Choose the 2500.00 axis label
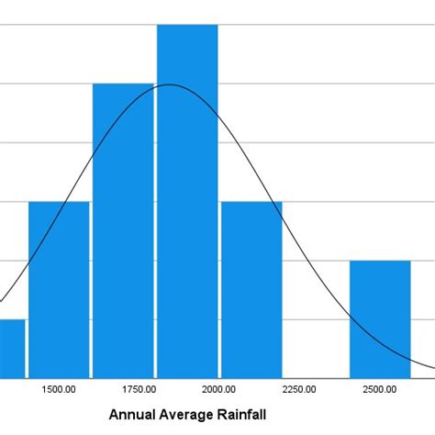pos(379,390)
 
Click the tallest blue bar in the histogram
pos(187,202)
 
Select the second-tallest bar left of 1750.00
pos(123,229)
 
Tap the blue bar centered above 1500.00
pos(59,289)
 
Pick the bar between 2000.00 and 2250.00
pos(251,289)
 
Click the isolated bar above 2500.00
pos(380,318)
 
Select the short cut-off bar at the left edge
pos(12,349)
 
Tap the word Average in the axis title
pos(189,415)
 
